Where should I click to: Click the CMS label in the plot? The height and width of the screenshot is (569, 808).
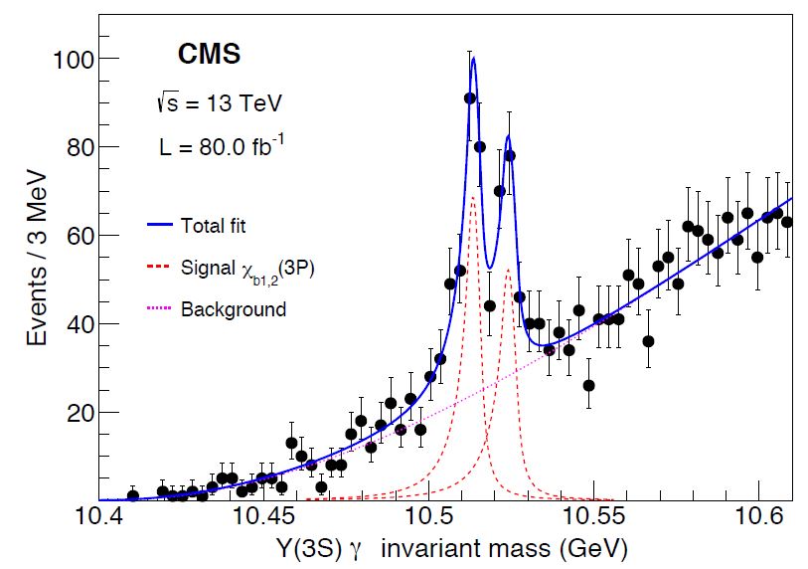pyautogui.click(x=208, y=55)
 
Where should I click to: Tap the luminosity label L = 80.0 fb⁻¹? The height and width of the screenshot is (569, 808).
pyautogui.click(x=222, y=146)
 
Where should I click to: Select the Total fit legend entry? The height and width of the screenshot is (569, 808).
pyautogui.click(x=213, y=226)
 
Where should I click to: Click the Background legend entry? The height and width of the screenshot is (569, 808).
pyautogui.click(x=233, y=309)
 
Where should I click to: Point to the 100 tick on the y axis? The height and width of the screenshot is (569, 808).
pyautogui.click(x=73, y=59)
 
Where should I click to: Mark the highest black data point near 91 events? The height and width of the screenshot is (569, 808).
pyautogui.click(x=469, y=97)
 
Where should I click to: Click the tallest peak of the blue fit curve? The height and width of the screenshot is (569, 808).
pyautogui.click(x=473, y=58)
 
